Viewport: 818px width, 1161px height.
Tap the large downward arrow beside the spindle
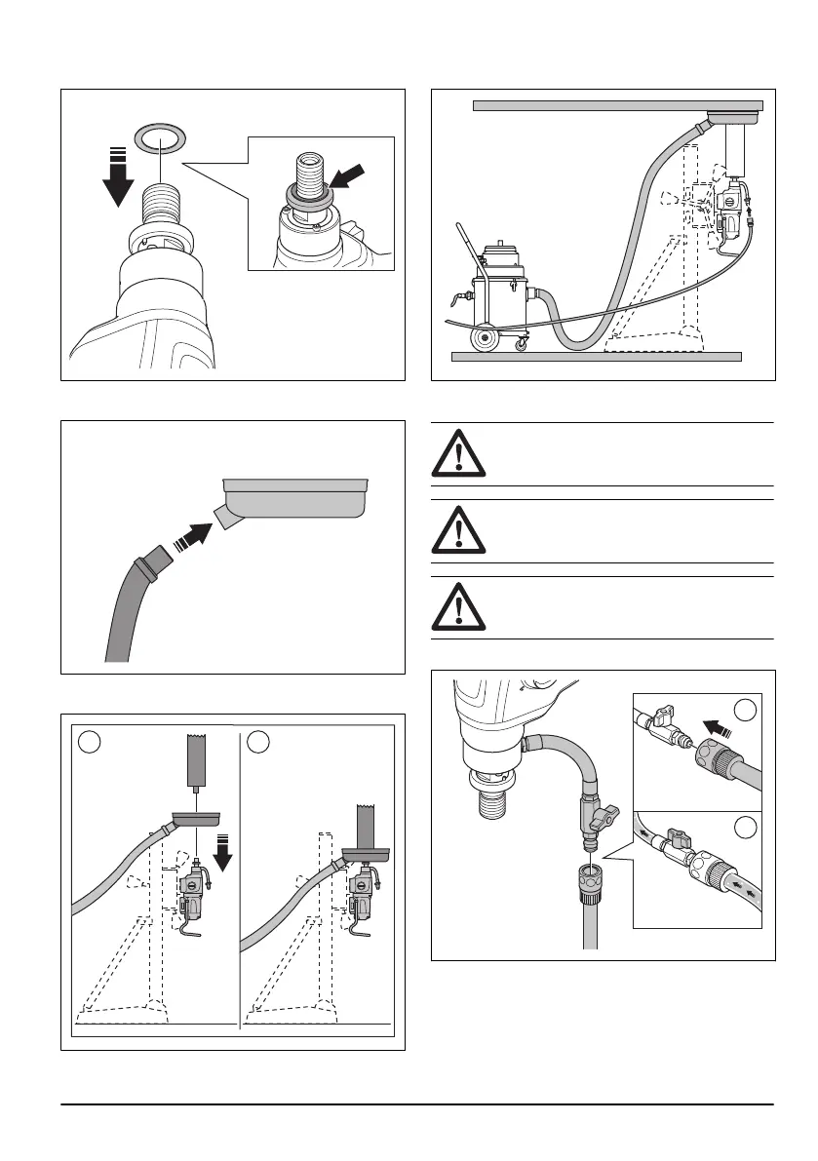pos(119,177)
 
